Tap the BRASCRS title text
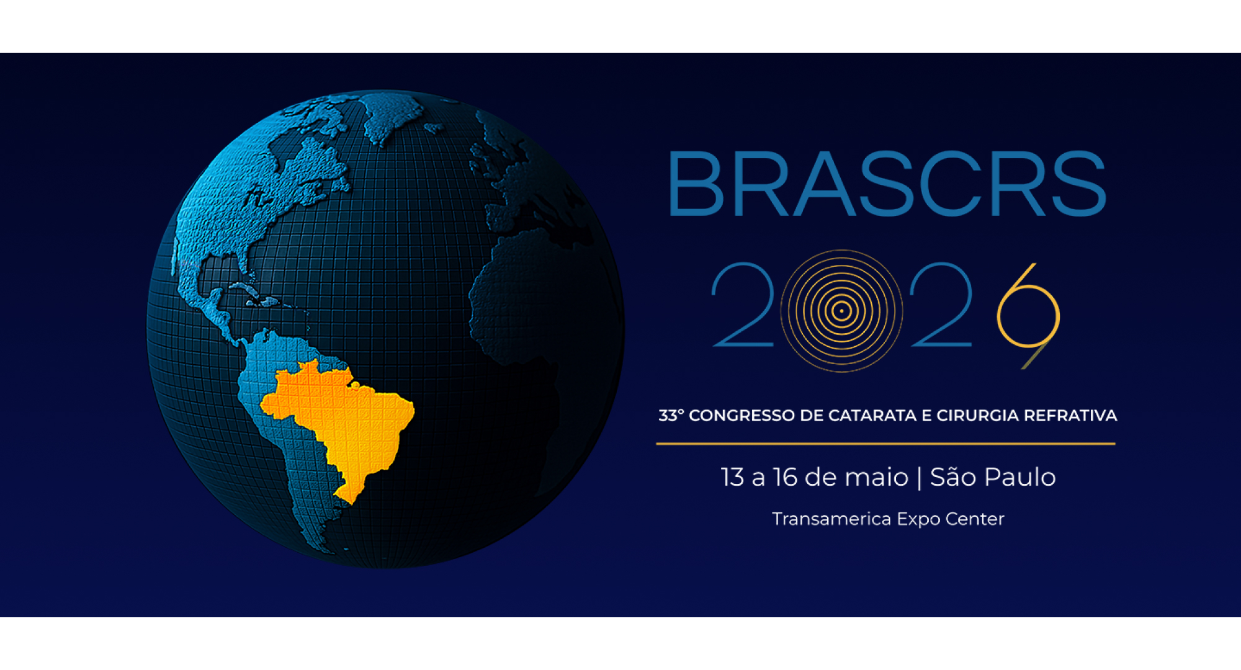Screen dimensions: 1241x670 pos(887,184)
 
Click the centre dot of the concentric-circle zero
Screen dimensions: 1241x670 pos(841,311)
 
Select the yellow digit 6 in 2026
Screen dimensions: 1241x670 pos(1028,313)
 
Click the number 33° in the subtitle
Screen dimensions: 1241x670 pos(671,416)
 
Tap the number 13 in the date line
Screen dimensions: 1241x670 pos(733,477)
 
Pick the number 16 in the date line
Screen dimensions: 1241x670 pos(785,477)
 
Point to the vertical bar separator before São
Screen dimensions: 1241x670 pos(919,478)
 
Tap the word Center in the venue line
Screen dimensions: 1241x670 pos(974,519)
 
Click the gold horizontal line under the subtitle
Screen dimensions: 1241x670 pos(886,444)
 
